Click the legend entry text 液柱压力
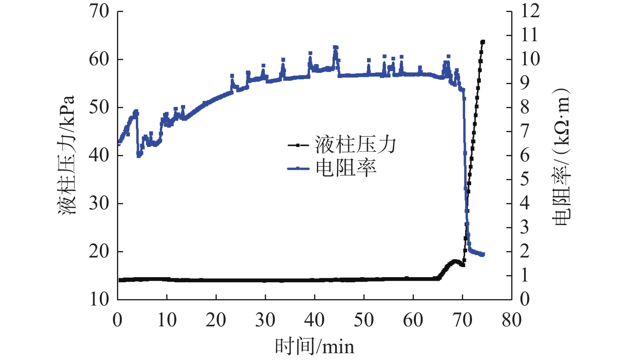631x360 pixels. click(x=355, y=145)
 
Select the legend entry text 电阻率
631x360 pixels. click(x=346, y=168)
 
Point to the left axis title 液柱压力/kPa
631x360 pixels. click(x=67, y=155)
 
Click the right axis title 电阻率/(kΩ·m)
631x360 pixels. click(x=561, y=156)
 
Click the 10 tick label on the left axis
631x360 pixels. click(x=99, y=299)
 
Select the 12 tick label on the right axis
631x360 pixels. click(x=530, y=11)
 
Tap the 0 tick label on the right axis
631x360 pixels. click(x=525, y=299)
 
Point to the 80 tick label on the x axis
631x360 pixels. click(x=512, y=320)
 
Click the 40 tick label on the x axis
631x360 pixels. click(x=314, y=320)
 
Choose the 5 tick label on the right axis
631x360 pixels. click(x=525, y=179)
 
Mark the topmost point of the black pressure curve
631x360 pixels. click(x=483, y=42)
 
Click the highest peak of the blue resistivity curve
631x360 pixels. click(x=336, y=48)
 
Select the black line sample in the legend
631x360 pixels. click(x=298, y=145)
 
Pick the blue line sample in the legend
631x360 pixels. click(x=298, y=168)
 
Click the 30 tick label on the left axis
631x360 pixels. click(x=99, y=203)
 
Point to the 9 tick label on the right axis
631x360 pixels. click(x=525, y=83)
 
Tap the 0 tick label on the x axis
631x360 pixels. click(x=117, y=320)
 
